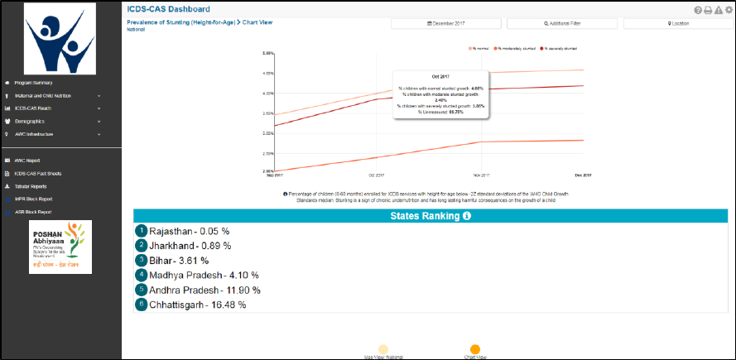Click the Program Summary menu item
[x=33, y=83]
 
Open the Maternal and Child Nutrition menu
[x=46, y=96]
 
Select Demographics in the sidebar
[x=30, y=121]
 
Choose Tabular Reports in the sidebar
[x=31, y=186]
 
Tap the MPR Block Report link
[x=33, y=199]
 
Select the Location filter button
[x=677, y=24]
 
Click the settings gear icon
[x=729, y=10]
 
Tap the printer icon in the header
[x=709, y=10]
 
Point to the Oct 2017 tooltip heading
[x=440, y=76]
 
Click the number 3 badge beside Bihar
[x=142, y=261]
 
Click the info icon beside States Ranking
[x=467, y=216]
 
